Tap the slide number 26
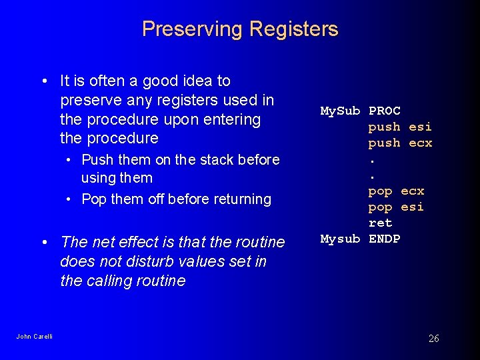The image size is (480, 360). click(433, 339)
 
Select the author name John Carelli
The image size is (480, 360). click(34, 336)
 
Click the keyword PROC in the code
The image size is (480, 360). click(385, 111)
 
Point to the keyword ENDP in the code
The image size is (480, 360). click(385, 239)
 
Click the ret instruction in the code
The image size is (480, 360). click(380, 223)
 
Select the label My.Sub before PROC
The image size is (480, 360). click(340, 111)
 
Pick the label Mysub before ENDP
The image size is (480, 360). click(340, 239)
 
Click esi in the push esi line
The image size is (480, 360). click(420, 127)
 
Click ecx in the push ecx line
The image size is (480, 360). click(420, 143)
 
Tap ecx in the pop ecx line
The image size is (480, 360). click(412, 191)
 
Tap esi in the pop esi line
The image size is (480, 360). click(412, 207)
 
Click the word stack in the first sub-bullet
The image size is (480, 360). click(207, 159)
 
